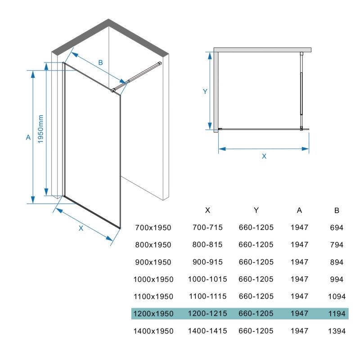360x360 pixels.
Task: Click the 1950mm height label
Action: [40, 129]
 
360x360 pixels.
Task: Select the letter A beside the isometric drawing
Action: [28, 137]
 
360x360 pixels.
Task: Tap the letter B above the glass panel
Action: [100, 63]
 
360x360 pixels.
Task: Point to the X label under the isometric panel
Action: [81, 228]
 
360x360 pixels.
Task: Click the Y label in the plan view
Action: [205, 91]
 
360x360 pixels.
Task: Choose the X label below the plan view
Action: [264, 156]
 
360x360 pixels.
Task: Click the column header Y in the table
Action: [256, 210]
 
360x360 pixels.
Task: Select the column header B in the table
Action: [337, 210]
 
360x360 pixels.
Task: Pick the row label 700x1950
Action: [153, 228]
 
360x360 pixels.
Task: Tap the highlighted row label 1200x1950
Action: [153, 314]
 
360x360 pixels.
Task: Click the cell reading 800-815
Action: [207, 244]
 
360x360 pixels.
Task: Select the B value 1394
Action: [337, 331]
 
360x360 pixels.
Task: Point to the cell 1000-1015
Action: [207, 279]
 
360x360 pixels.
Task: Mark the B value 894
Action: [337, 262]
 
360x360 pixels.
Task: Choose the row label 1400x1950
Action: [153, 331]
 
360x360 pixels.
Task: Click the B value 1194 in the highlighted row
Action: [337, 314]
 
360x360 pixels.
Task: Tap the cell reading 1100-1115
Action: [208, 297]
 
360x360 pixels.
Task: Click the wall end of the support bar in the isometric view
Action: [160, 63]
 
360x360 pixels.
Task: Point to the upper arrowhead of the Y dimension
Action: [210, 56]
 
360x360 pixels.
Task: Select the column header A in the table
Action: [299, 210]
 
